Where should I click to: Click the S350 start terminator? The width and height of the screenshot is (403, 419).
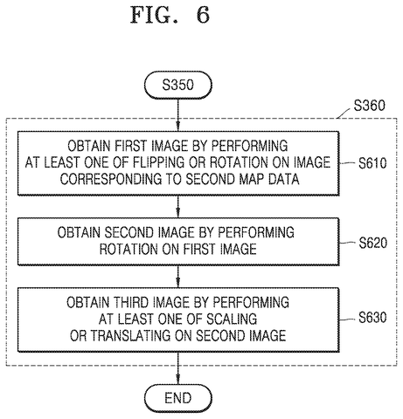(178, 85)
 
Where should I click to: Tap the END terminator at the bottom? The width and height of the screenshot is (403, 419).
(178, 398)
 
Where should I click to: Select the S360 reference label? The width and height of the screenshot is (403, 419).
(369, 106)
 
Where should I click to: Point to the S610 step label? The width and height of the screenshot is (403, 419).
(372, 163)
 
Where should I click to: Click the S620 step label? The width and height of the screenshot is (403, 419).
(372, 243)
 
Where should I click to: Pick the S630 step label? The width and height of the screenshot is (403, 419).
(372, 318)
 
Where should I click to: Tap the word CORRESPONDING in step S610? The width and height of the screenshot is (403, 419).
(111, 179)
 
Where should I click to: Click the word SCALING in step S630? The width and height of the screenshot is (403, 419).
(232, 319)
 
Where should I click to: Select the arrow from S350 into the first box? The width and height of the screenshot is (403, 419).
(178, 115)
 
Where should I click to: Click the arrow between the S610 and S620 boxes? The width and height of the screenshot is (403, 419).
(178, 207)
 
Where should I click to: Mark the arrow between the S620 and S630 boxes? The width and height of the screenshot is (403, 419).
(178, 277)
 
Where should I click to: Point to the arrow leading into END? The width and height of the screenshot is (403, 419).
(178, 368)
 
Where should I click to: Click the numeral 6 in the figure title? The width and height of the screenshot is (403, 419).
(203, 15)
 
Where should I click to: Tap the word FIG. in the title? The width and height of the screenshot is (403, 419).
(154, 15)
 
